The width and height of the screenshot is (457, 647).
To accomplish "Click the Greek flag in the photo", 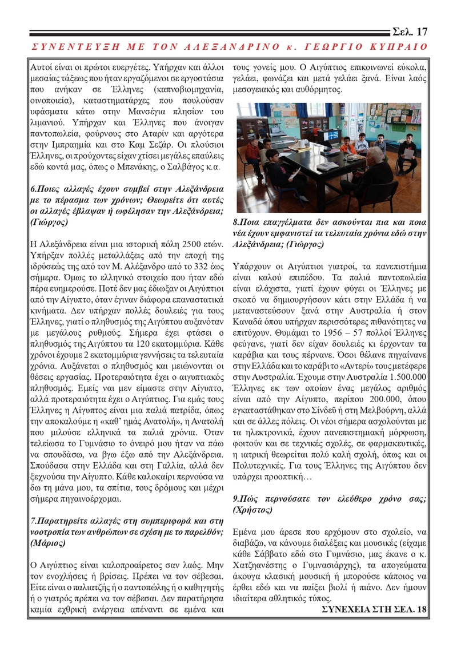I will [333, 134].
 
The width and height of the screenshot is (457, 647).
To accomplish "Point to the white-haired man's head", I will [375, 154].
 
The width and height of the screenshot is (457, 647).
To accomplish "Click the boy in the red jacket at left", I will [252, 150].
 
